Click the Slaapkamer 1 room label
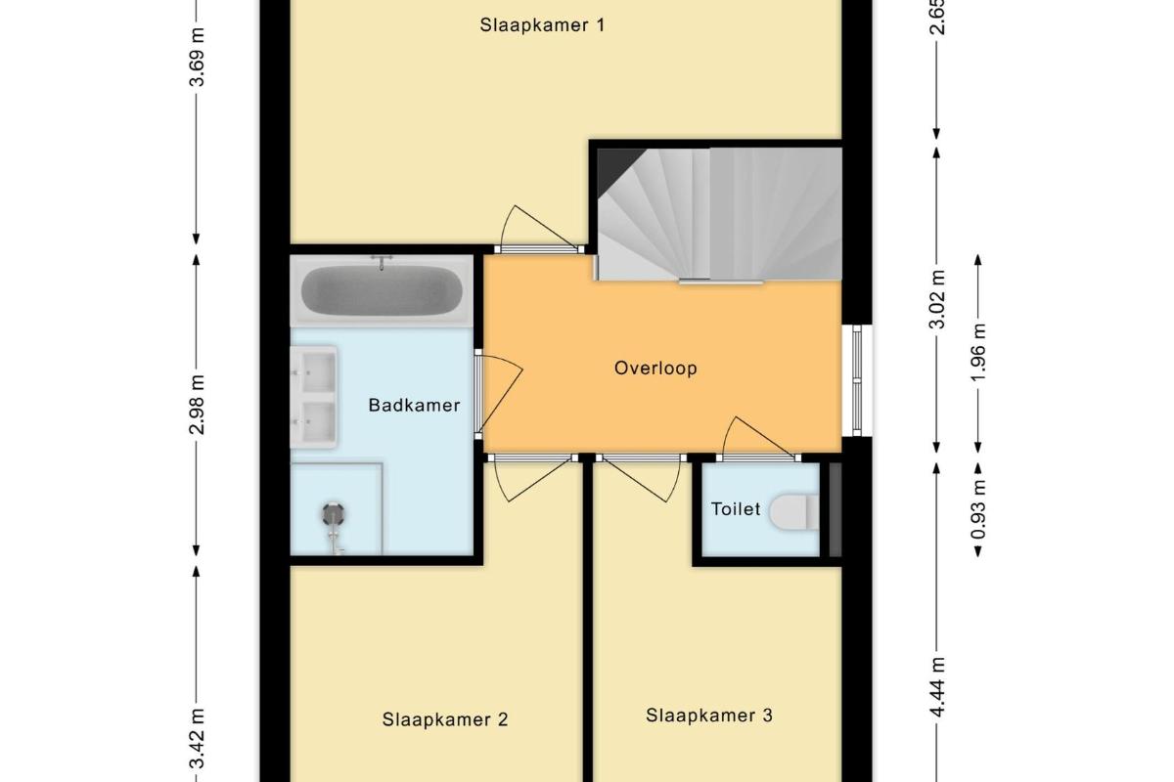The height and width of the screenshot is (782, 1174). [x=542, y=25]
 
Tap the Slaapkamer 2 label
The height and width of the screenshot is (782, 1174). [x=445, y=719]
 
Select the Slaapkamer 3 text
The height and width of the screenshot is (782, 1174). [x=709, y=716]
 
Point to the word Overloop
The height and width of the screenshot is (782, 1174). [x=655, y=369]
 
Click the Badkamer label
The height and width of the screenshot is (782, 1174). [x=414, y=405]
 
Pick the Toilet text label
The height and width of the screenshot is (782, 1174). [x=736, y=509]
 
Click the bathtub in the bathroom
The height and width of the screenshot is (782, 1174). [x=382, y=290]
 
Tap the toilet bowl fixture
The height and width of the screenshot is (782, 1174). [x=793, y=512]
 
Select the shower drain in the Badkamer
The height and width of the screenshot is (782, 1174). [x=334, y=513]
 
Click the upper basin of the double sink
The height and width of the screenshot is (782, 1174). [x=317, y=371]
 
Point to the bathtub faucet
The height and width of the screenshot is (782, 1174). [x=383, y=262]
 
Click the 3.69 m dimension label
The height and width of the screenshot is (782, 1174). [x=198, y=57]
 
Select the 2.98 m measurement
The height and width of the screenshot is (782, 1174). [x=197, y=405]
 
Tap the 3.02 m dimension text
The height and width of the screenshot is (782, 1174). [x=937, y=299]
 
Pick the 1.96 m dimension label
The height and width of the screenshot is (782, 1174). [x=978, y=353]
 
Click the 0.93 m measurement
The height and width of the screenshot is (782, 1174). [x=978, y=509]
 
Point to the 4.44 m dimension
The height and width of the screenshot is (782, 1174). [x=937, y=686]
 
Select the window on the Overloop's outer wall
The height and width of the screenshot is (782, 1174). [x=857, y=380]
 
